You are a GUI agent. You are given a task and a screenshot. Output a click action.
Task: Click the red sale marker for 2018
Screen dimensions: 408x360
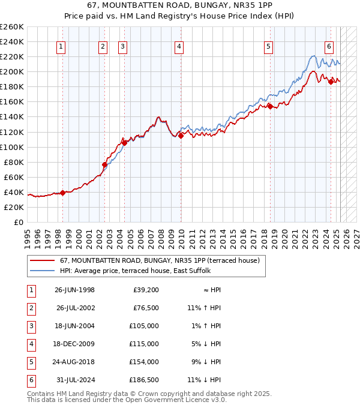click(x=270, y=106)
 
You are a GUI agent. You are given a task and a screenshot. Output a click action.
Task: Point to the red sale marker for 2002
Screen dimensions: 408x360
click(x=104, y=164)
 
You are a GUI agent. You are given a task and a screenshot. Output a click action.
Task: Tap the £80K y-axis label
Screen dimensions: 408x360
click(x=14, y=162)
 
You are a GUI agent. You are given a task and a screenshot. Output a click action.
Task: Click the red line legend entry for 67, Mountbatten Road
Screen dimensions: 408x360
click(x=159, y=260)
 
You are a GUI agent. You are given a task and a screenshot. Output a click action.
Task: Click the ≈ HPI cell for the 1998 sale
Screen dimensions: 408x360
click(x=211, y=290)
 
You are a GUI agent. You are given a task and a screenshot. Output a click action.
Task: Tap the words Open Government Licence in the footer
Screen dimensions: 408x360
click(x=181, y=400)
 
